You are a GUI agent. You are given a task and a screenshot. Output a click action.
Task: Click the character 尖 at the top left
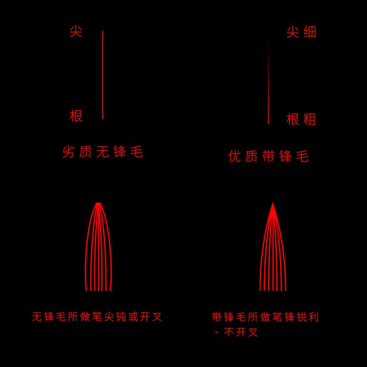(76, 32)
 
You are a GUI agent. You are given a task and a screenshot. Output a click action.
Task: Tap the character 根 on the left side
(76, 116)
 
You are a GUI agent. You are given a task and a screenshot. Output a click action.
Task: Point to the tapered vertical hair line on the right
(268, 92)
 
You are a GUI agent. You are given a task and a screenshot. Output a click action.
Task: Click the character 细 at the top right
(310, 32)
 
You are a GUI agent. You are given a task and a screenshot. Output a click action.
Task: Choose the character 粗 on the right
(310, 119)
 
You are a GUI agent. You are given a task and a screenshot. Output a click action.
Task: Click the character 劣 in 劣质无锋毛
(68, 152)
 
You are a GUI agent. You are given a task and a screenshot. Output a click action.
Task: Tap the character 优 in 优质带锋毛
(235, 156)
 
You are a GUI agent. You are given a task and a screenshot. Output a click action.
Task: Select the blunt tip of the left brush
(98, 204)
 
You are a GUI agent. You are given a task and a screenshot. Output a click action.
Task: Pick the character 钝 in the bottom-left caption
(121, 317)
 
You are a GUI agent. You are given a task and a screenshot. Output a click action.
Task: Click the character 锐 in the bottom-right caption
(302, 317)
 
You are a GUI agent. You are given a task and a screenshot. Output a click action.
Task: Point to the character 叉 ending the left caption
(157, 317)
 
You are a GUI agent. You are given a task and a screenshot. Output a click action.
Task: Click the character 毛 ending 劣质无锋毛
(137, 152)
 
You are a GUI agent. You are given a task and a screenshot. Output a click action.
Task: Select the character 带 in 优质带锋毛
(269, 156)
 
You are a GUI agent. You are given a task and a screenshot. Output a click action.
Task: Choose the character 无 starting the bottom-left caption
(37, 317)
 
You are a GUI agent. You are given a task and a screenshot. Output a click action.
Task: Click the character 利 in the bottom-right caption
(314, 317)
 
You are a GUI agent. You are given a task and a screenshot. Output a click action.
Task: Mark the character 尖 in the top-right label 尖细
(293, 32)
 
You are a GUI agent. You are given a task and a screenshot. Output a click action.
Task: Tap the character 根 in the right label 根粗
(293, 119)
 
